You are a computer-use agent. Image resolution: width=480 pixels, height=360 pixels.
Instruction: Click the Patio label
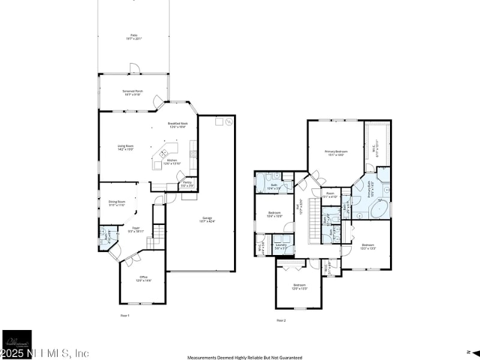click(132, 37)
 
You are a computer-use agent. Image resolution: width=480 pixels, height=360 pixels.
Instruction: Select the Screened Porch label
click(132, 92)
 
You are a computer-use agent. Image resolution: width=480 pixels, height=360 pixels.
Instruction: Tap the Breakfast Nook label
click(178, 125)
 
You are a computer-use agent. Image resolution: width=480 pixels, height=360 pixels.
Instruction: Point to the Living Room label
click(125, 148)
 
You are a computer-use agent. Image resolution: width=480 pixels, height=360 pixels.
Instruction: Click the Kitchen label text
click(172, 162)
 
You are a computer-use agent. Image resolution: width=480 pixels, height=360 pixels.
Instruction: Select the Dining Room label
click(117, 203)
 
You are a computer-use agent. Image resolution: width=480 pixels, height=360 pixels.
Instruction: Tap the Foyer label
click(136, 229)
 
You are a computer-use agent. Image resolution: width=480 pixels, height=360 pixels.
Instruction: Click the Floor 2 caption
click(281, 320)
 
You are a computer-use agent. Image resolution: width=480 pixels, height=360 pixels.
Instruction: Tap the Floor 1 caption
click(125, 315)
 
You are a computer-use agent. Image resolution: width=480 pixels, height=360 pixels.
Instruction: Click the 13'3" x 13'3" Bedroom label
click(368, 246)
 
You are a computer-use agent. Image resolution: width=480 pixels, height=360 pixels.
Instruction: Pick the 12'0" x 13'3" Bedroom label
click(299, 286)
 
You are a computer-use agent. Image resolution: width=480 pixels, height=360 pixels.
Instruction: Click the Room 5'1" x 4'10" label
click(330, 195)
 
